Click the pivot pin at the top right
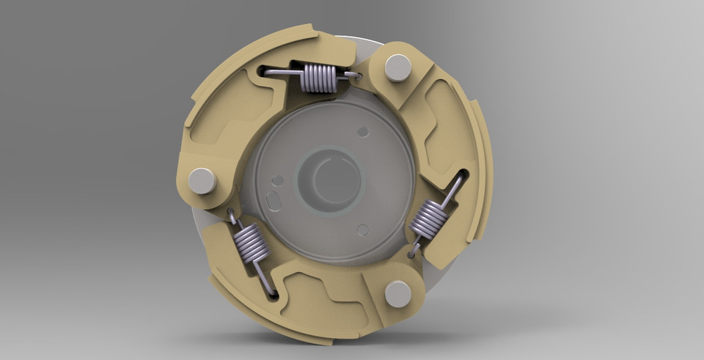[x=397, y=67]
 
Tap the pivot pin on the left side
[x=202, y=180]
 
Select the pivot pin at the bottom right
[x=398, y=294]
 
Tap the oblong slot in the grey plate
[x=273, y=200]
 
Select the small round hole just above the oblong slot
[x=276, y=180]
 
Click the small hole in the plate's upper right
[x=362, y=131]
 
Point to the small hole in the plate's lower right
[x=362, y=230]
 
